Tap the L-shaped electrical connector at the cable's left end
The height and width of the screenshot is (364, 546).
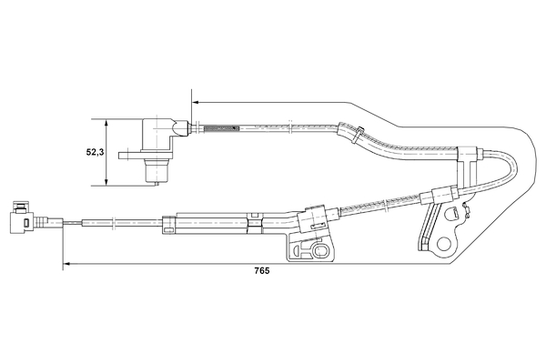pos(20,218)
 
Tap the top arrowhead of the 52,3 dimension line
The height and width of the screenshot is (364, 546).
pos(107,121)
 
